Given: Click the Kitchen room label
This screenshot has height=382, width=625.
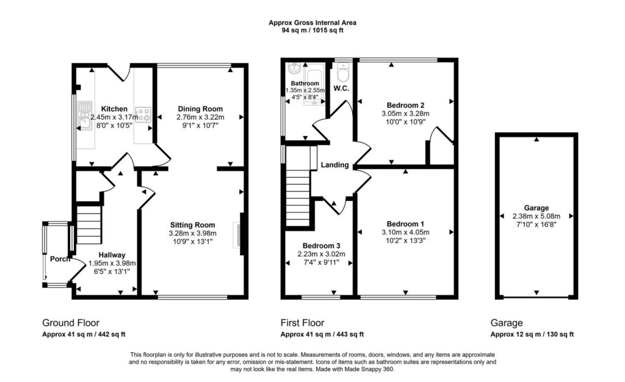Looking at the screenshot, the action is click(x=114, y=109).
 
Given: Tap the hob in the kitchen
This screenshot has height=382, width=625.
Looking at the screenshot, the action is click(x=143, y=114).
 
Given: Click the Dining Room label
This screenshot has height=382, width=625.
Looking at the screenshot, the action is click(x=200, y=109).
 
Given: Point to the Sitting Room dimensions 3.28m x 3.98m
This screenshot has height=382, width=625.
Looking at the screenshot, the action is click(x=192, y=233).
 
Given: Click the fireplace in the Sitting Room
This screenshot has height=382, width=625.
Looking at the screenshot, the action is click(x=238, y=235).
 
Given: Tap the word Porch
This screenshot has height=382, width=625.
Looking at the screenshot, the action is click(x=60, y=259).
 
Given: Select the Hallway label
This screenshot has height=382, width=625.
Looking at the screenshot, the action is click(x=112, y=255).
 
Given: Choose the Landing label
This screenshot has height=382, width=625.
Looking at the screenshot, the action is click(x=335, y=165).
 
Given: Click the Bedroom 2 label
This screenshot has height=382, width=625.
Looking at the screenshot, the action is click(x=405, y=105).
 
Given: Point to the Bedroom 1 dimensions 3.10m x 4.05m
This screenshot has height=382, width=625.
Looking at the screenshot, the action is click(x=405, y=232).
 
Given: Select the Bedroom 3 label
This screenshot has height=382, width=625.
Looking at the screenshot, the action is click(x=321, y=246).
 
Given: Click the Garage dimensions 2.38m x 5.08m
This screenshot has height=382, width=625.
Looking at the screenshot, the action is click(x=536, y=216).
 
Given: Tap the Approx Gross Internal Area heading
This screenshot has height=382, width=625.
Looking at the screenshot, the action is click(x=312, y=23).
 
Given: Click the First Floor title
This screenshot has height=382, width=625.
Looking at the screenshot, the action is click(x=303, y=323).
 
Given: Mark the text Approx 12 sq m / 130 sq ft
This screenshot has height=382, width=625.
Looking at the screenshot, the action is click(x=532, y=334).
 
